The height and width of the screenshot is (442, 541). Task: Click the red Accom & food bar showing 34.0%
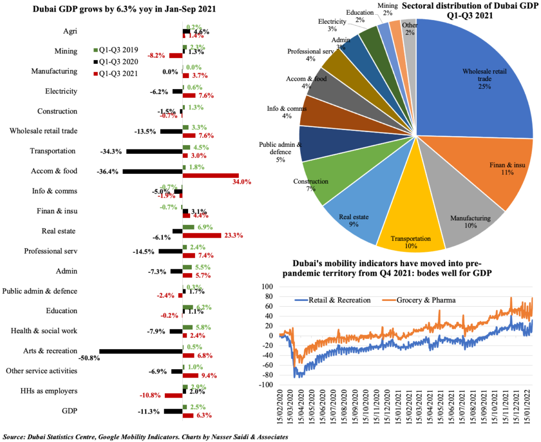coord(210,175)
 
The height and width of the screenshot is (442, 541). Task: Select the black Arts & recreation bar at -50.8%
coord(141,351)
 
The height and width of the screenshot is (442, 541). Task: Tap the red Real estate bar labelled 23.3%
coord(201,236)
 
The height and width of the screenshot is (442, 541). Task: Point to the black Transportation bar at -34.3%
coord(154,152)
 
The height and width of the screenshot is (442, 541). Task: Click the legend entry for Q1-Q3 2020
coord(115,62)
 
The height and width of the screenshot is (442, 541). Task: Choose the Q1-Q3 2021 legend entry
coord(115,73)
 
